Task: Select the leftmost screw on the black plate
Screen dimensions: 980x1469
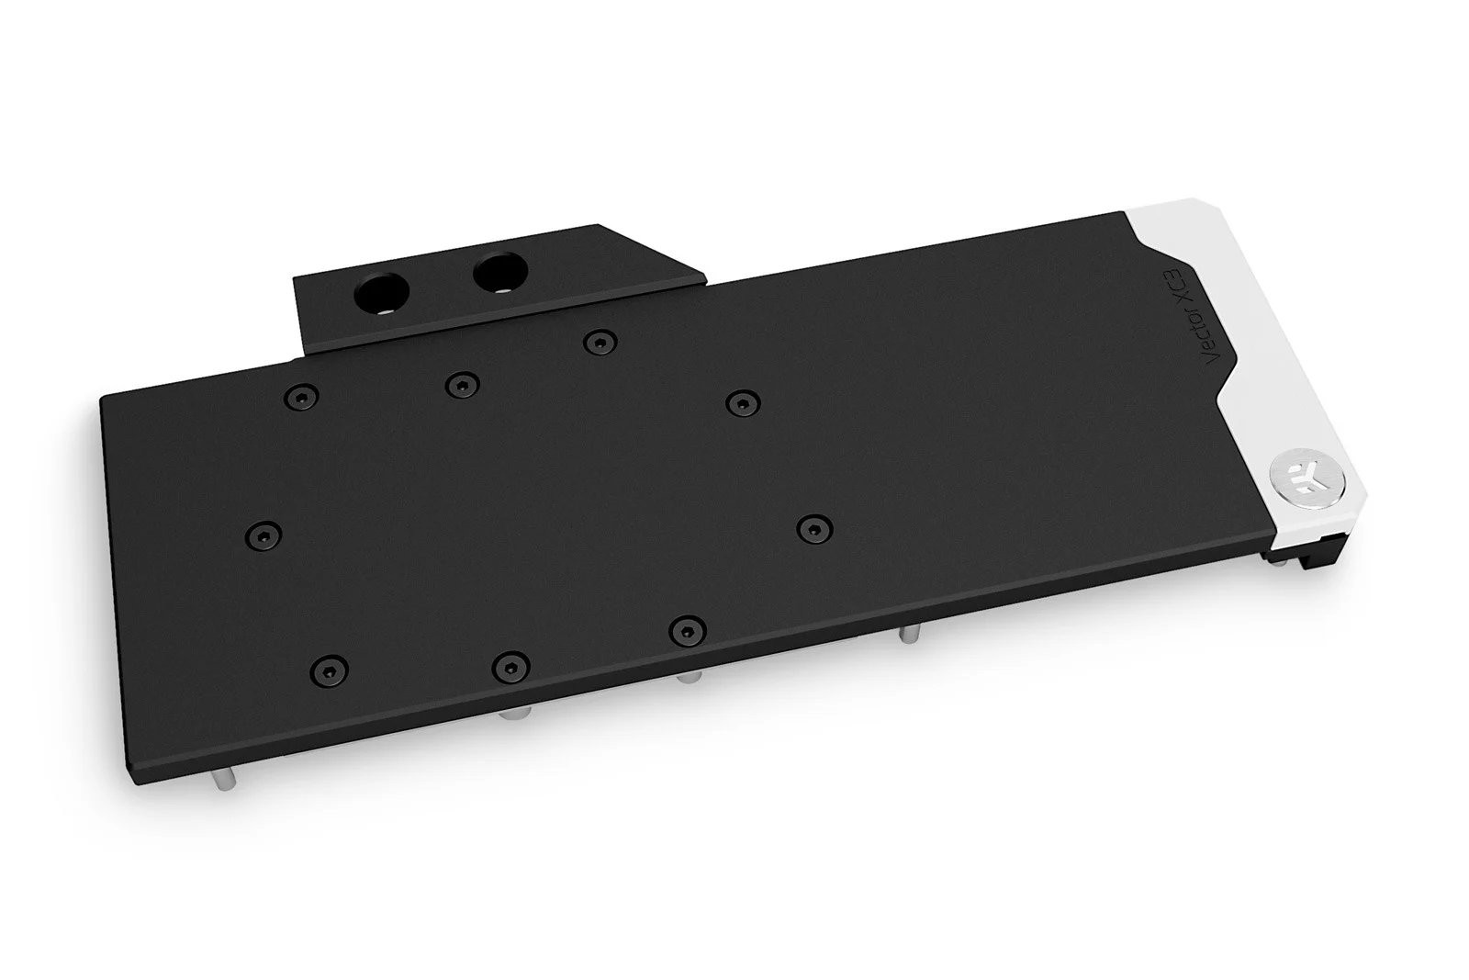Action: pyautogui.click(x=264, y=534)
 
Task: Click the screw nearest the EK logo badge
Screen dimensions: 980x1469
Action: pyautogui.click(x=812, y=527)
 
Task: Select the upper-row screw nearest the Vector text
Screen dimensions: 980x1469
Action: pyautogui.click(x=742, y=401)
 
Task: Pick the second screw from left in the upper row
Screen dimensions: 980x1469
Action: pyautogui.click(x=460, y=384)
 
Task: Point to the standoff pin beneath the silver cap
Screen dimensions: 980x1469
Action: pyautogui.click(x=907, y=636)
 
